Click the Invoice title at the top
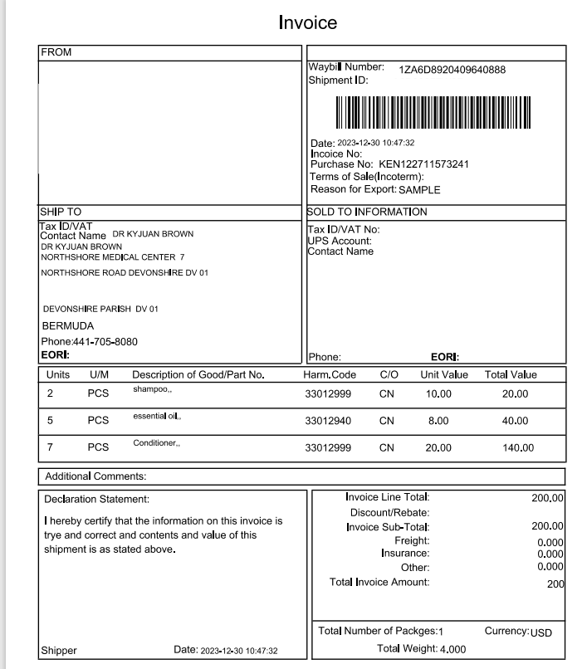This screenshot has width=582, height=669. [x=307, y=22]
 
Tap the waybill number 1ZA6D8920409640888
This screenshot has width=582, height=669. [x=452, y=70]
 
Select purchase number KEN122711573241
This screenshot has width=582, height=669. [x=423, y=164]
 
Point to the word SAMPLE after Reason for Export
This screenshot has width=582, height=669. [x=419, y=189]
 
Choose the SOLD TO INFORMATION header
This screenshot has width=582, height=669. [x=367, y=212]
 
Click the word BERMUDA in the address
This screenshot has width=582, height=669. [x=67, y=326]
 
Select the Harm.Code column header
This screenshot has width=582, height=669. [x=330, y=375]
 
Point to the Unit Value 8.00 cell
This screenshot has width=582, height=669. [x=438, y=421]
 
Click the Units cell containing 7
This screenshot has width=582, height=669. [x=50, y=448]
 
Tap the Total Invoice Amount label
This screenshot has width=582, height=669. [x=379, y=582]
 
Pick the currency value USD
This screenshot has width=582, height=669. [x=541, y=632]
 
